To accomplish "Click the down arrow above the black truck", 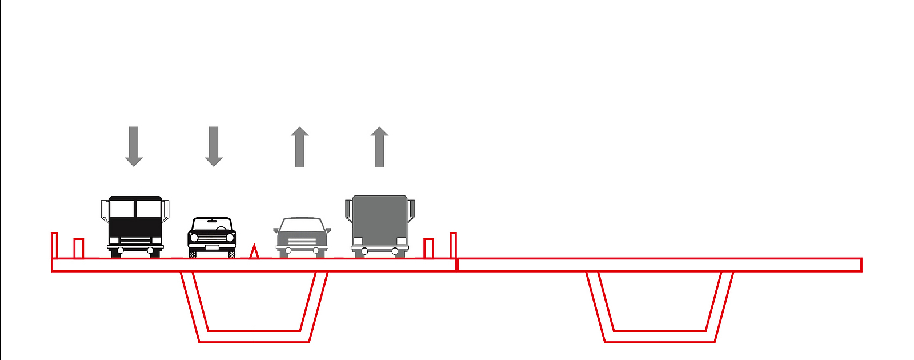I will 134,146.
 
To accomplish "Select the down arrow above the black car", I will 214,146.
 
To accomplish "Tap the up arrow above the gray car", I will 299,147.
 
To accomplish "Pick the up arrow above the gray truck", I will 379,147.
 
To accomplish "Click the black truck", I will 135,226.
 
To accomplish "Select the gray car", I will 302,237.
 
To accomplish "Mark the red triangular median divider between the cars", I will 255,252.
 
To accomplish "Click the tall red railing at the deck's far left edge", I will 54,245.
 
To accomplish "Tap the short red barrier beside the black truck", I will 79,248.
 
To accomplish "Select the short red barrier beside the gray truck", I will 428,248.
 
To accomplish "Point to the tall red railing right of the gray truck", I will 453,245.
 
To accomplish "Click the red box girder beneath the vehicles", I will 254,336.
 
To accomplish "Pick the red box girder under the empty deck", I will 660,336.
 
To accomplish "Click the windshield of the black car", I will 212,223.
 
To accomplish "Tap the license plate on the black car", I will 212,247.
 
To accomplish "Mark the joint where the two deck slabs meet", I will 457,265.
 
